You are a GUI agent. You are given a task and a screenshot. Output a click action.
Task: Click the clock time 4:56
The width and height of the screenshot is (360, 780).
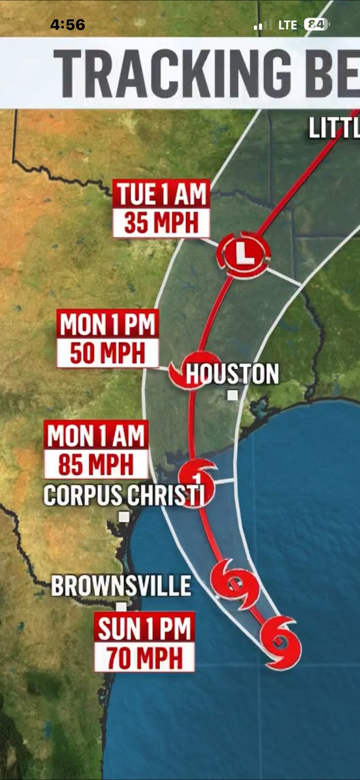click(x=68, y=25)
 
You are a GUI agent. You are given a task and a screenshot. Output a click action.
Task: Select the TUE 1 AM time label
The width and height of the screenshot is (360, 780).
click(x=162, y=194)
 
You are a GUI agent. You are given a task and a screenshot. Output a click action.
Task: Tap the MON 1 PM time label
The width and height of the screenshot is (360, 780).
click(x=108, y=325)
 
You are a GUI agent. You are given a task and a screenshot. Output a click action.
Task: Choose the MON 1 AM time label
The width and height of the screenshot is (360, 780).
click(x=96, y=436)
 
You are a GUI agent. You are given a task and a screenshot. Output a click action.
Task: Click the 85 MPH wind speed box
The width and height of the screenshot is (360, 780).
click(x=96, y=465)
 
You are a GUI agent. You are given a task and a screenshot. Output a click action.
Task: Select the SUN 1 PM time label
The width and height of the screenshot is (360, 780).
click(x=145, y=629)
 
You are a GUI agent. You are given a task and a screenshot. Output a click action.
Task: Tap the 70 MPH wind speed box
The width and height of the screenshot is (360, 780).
click(x=145, y=657)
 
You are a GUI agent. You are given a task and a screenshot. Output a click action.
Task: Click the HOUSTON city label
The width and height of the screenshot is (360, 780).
click(x=233, y=374)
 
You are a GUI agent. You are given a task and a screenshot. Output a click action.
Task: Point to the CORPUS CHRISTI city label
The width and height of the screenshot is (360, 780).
click(x=124, y=495)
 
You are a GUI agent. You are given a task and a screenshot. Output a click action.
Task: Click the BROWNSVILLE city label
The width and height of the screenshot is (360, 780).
click(x=121, y=586)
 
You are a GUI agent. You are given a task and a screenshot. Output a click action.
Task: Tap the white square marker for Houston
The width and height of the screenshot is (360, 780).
click(x=233, y=395)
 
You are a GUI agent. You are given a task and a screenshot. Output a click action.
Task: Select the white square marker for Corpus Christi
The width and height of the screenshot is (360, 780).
click(x=123, y=517)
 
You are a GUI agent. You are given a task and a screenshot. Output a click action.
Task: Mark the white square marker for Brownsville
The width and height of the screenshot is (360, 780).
click(x=121, y=607)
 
